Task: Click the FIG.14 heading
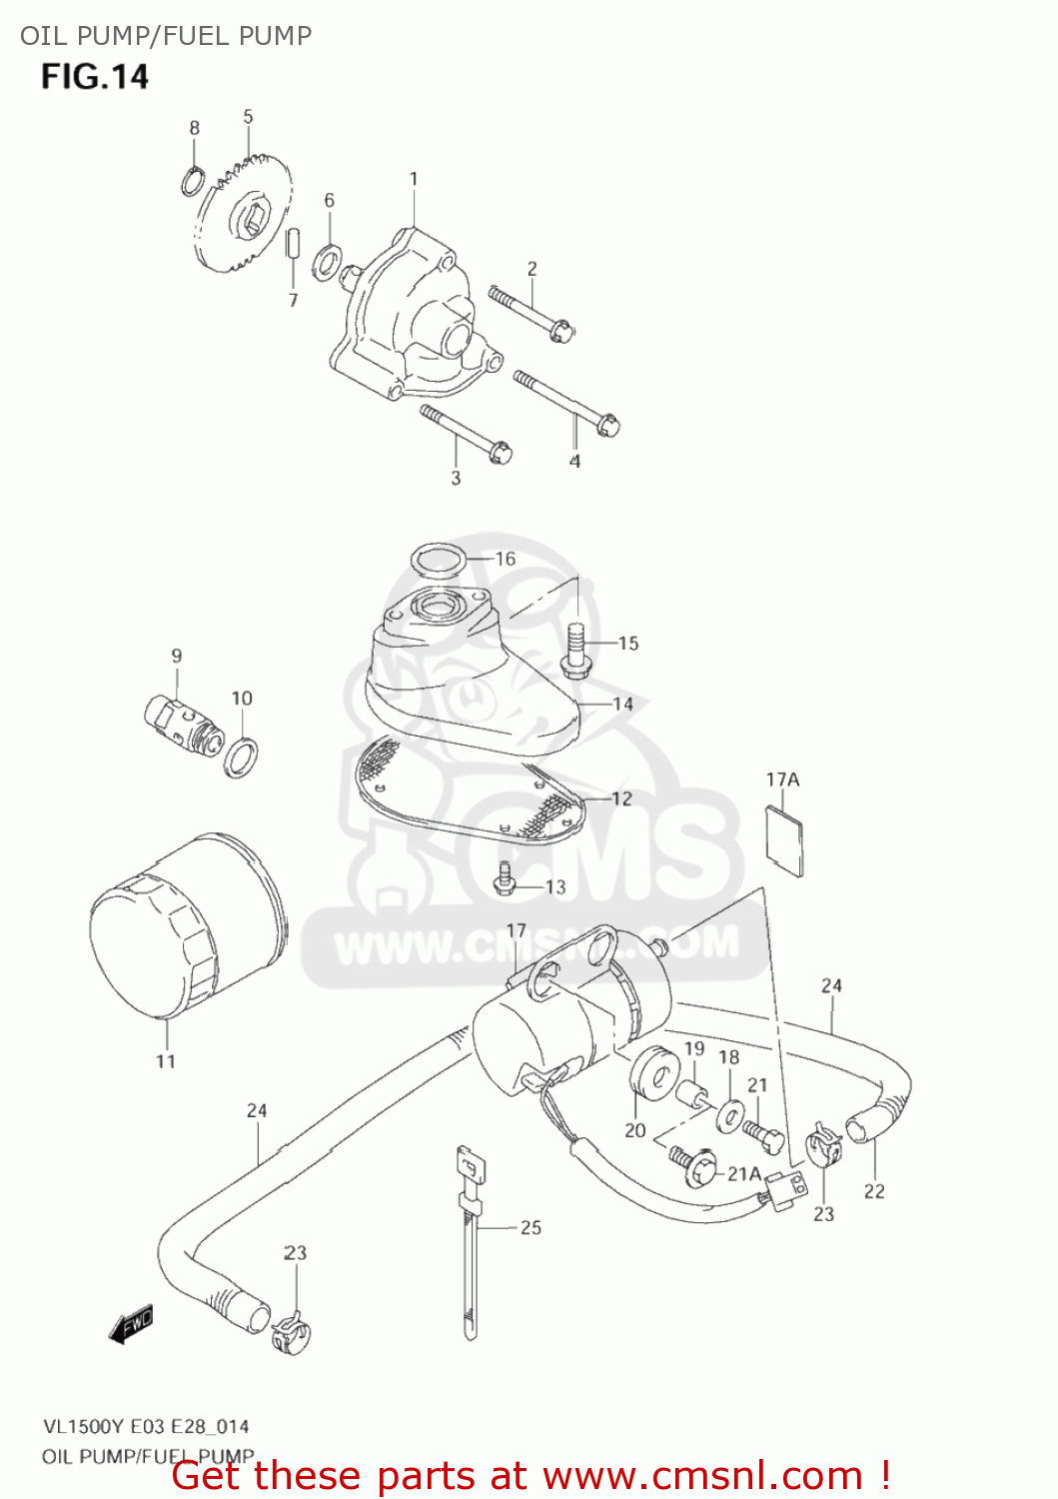tap(95, 77)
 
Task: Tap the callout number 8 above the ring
tap(194, 128)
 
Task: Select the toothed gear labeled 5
tap(245, 215)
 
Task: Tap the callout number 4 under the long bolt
tap(574, 461)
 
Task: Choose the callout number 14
tap(623, 704)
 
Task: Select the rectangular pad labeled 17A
tap(784, 837)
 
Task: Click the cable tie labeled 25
tap(469, 1239)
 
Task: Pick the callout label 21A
tap(744, 1173)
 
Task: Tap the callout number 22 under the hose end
tap(874, 1191)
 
